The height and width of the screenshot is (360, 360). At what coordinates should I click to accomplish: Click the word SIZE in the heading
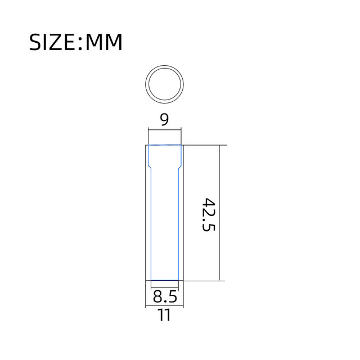(52, 42)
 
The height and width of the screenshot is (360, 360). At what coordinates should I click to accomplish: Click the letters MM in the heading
(103, 42)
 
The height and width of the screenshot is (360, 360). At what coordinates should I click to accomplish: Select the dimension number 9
(164, 119)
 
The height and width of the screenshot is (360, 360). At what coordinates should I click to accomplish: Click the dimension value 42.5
(209, 215)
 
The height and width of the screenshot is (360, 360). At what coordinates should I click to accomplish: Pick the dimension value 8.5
(165, 296)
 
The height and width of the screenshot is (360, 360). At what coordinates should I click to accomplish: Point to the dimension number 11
(164, 315)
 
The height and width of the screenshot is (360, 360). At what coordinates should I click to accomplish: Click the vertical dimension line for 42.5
(219, 213)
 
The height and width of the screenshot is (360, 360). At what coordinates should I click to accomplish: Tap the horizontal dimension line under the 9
(165, 130)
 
